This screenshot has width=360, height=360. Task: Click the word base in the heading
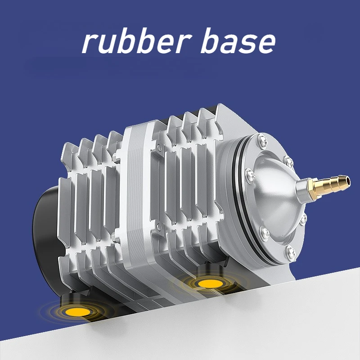[x=238, y=41]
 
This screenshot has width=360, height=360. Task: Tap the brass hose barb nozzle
[x=329, y=186]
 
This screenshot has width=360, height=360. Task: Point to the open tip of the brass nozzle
[x=348, y=180]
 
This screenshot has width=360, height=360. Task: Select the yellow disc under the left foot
[x=77, y=311]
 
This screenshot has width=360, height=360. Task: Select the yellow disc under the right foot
[x=210, y=283]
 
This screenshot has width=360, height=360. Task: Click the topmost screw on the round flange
[x=263, y=140]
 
